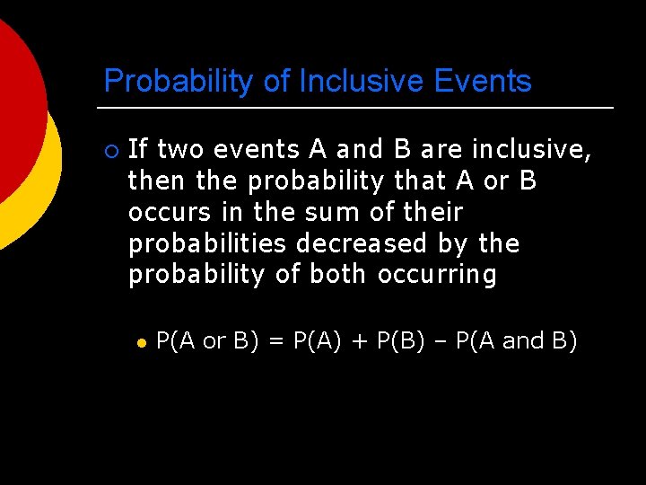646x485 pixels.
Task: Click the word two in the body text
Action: click(x=182, y=149)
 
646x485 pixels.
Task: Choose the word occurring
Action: click(x=437, y=275)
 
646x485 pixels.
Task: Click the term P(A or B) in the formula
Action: click(x=204, y=341)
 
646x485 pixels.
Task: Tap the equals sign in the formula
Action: click(x=275, y=341)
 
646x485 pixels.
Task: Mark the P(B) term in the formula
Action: click(x=402, y=341)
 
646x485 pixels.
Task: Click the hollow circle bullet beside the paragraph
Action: click(x=110, y=150)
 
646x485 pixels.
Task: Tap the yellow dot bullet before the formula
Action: click(x=140, y=342)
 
